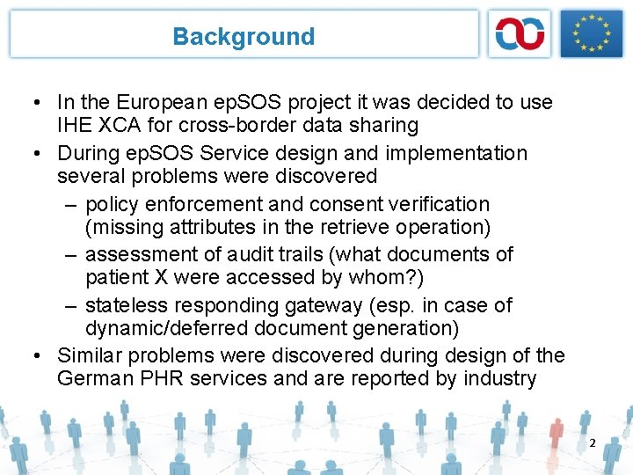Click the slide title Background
point(244,37)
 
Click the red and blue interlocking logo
point(520,34)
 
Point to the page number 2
point(592,443)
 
